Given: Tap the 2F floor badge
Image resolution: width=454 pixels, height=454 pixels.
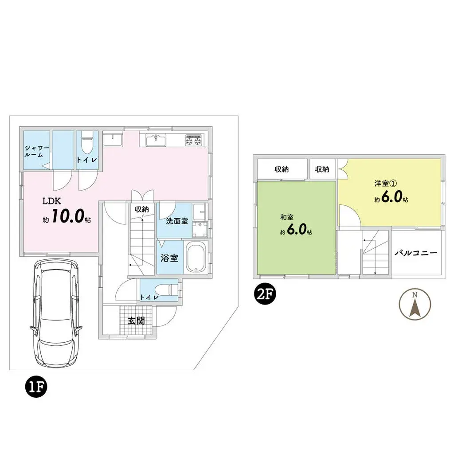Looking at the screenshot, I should pos(265,294).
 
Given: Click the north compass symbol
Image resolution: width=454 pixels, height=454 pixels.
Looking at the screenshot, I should pos(415,304).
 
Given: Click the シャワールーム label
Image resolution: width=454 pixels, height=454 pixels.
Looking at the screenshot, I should pos(34,151).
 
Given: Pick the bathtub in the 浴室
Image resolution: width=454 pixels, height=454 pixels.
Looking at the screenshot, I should pos(195,258).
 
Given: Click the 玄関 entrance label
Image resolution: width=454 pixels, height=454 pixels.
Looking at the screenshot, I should pos(137,321).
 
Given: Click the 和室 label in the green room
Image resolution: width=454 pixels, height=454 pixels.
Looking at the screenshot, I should pos(286,217).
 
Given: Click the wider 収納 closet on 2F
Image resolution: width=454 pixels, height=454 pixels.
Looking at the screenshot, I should pos(282,169).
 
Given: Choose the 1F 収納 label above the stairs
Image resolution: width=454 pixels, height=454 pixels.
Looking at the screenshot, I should pos(142,209).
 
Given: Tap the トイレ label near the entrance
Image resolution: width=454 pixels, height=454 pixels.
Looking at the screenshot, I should pos(149,297).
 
